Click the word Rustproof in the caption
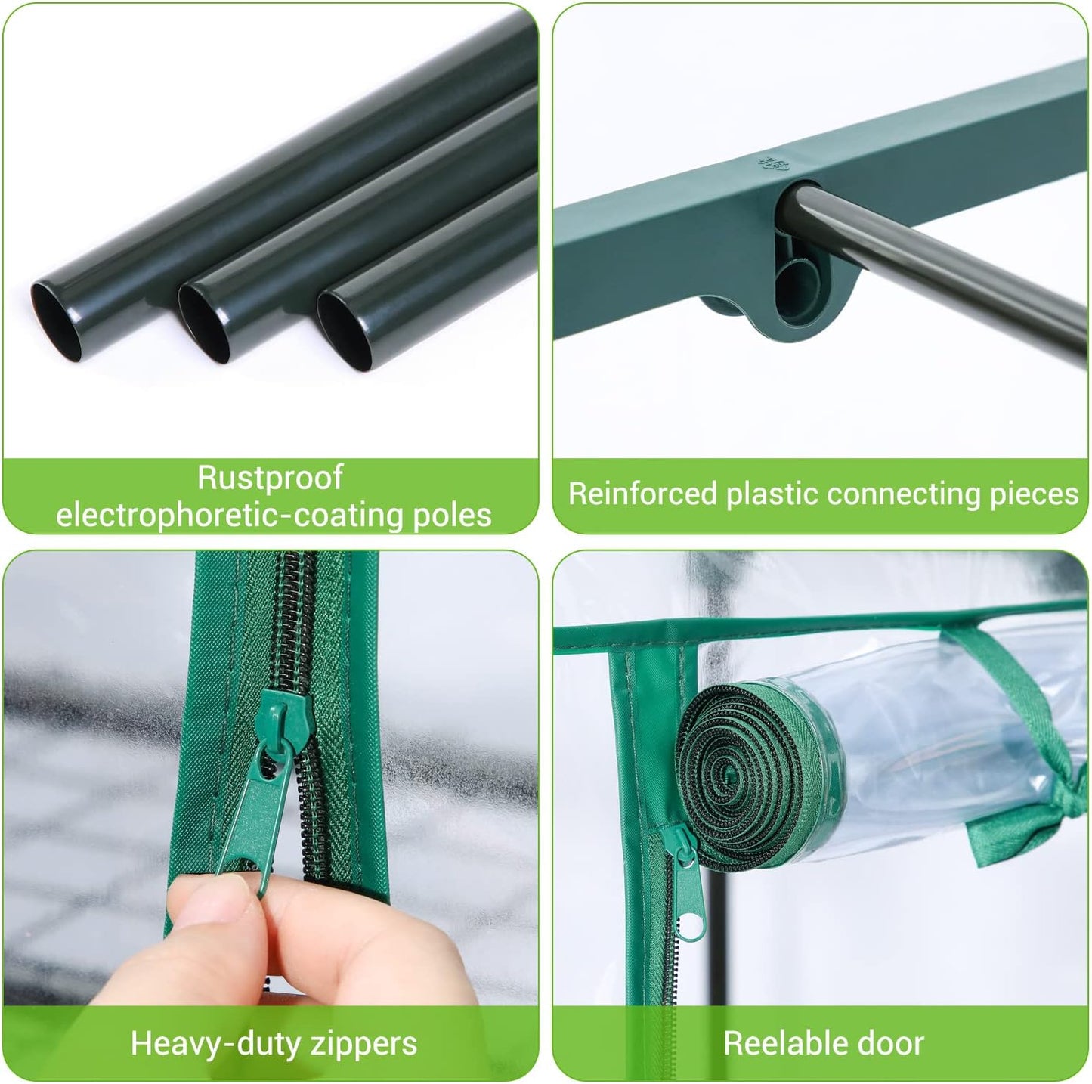pyautogui.click(x=270, y=478)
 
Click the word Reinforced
pyautogui.click(x=642, y=494)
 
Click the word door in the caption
pyautogui.click(x=893, y=1044)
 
